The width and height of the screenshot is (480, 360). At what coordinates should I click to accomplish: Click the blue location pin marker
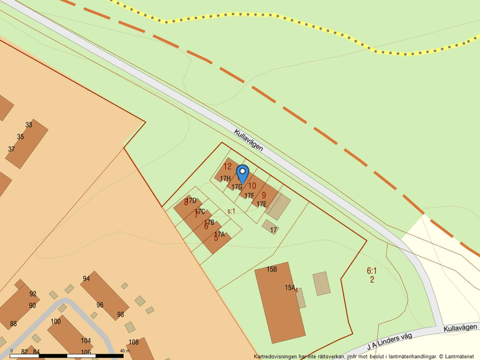tap(243, 174)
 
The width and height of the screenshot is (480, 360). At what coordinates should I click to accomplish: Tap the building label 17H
tap(225, 179)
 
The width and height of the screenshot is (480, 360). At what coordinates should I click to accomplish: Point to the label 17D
tap(191, 201)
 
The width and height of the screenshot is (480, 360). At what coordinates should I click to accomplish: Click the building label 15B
tap(272, 270)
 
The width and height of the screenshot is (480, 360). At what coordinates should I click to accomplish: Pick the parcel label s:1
tap(231, 211)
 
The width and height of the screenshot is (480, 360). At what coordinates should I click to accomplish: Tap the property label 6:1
tap(372, 270)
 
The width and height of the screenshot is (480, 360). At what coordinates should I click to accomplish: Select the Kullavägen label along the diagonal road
tap(248, 140)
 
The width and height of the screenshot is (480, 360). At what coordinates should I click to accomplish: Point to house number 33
tap(29, 125)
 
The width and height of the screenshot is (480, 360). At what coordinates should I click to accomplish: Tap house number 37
tap(11, 149)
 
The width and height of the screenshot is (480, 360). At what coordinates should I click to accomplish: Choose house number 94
tap(86, 279)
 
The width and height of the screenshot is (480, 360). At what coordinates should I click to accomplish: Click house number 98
tap(120, 315)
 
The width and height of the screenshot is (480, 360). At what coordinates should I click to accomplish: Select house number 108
tap(133, 342)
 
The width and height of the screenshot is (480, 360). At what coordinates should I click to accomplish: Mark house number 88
tap(13, 324)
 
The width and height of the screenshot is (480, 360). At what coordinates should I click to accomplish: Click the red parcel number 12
tap(227, 166)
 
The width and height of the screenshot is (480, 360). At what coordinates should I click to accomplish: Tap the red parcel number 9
tap(264, 195)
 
